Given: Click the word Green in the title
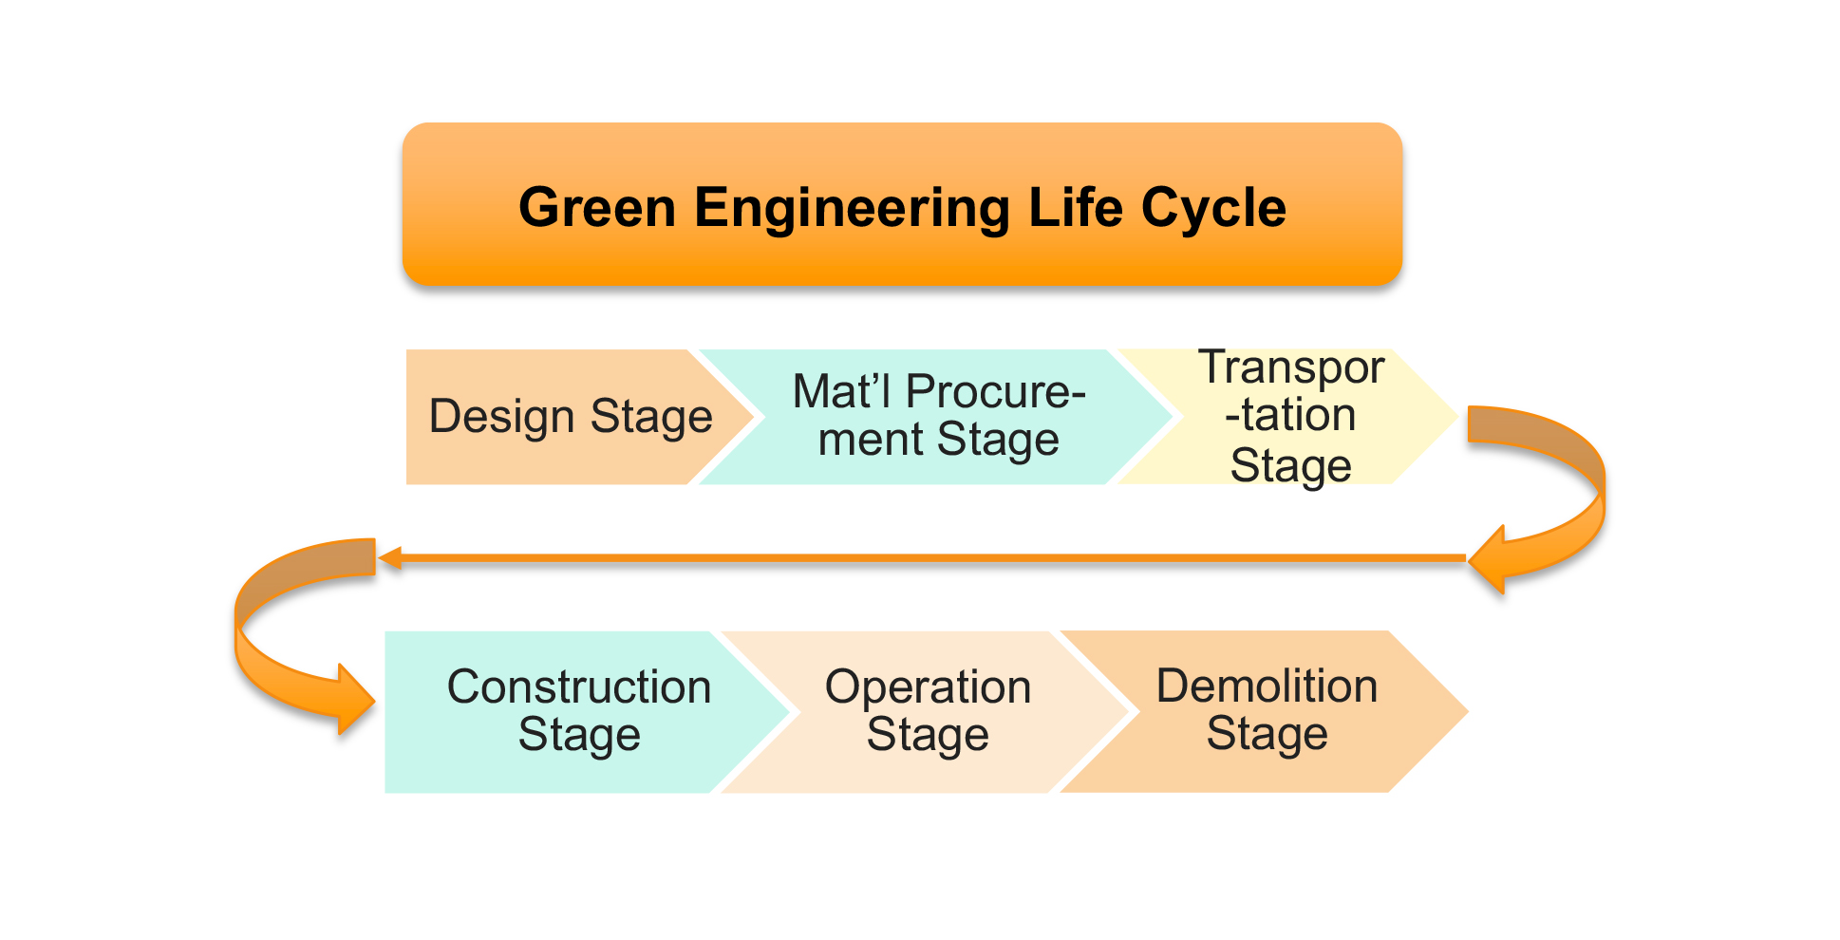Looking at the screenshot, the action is (x=597, y=207).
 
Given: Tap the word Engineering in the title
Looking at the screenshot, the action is (x=852, y=209).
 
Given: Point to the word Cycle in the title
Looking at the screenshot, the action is (x=1214, y=209).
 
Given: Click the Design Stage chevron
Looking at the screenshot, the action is (x=570, y=417).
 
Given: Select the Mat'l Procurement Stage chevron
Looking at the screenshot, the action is (x=935, y=417).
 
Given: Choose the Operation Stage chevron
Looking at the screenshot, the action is (x=926, y=711).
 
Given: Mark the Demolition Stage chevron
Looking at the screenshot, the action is (x=1263, y=711).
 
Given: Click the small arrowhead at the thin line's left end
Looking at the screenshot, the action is (x=389, y=558).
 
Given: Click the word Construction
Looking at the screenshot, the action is (x=579, y=686).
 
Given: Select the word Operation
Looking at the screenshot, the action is (x=928, y=687).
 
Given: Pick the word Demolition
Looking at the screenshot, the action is (x=1267, y=686).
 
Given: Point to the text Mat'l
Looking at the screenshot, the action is (x=842, y=391).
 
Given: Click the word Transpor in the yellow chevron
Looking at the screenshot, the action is (x=1291, y=368).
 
